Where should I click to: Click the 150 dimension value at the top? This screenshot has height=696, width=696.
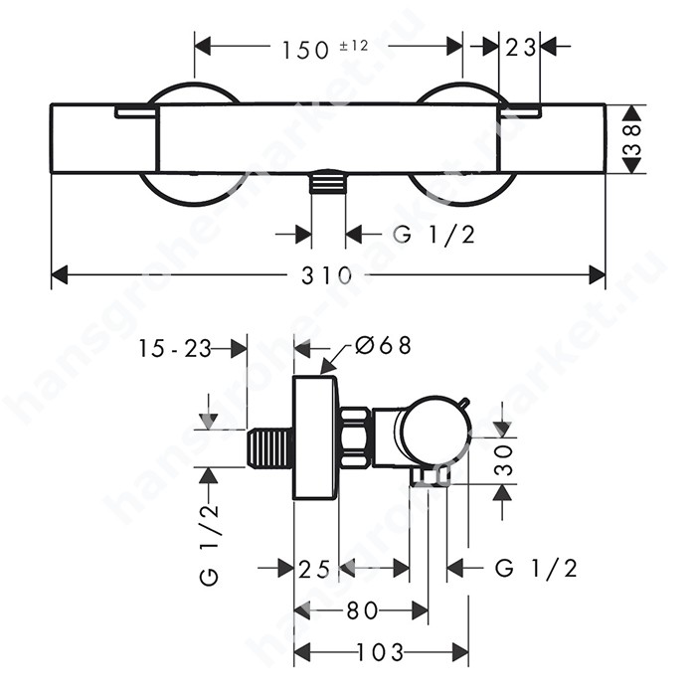coord(305,50)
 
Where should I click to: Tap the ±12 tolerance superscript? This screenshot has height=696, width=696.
coord(354,46)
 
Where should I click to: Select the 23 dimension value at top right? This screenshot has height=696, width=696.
coord(520,48)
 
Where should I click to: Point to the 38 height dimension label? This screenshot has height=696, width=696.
coord(632,139)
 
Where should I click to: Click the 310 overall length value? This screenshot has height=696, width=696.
coord(326,275)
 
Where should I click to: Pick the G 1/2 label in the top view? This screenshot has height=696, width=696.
coord(435,234)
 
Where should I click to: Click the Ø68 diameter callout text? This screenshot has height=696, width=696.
coord(384,345)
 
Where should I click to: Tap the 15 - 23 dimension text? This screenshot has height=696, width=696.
coord(174,348)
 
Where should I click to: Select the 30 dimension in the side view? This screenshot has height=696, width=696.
coord(503,460)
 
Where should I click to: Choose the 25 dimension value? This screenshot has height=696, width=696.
coord(314,569)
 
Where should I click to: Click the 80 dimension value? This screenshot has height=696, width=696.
coord(362,611)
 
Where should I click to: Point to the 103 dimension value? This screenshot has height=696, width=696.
coord(381,652)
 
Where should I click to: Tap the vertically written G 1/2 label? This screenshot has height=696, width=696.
coord(210,545)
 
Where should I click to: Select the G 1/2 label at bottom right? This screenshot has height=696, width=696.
coord(536,568)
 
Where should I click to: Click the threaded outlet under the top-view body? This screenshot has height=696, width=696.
coord(327,182)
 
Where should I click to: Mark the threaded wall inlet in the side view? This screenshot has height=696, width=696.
coord(269,447)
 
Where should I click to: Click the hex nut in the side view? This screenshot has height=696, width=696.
coord(355,437)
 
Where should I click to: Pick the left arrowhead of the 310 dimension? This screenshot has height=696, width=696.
coord(60,275)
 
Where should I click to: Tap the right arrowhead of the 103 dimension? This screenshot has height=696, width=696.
coord(460,653)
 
